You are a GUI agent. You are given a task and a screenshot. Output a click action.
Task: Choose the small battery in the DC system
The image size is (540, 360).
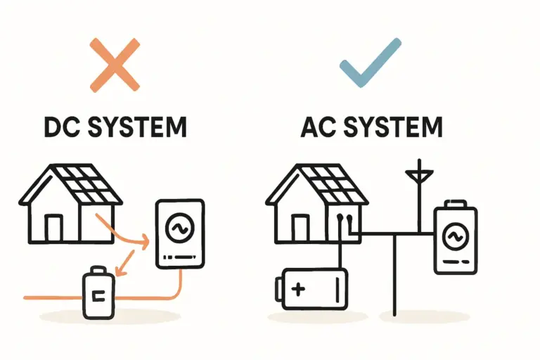click(98, 293)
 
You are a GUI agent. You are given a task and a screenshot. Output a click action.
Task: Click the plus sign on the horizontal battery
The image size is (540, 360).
click(299, 288)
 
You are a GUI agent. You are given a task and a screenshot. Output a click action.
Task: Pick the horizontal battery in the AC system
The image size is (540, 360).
click(312, 288)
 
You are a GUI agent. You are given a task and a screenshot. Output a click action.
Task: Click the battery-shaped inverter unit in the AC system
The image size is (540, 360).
click(455, 239)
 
